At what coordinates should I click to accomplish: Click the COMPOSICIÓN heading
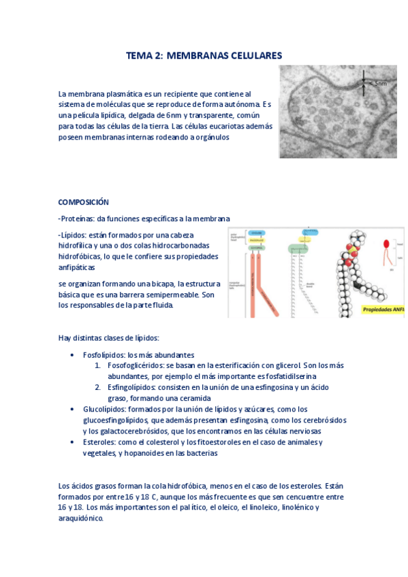(83, 202)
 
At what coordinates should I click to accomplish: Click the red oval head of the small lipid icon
(386, 244)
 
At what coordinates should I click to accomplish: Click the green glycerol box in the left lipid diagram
(256, 248)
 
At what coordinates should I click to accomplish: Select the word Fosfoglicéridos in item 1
(136, 365)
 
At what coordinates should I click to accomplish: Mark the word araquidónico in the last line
(80, 518)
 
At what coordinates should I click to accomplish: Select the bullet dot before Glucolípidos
(73, 410)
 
